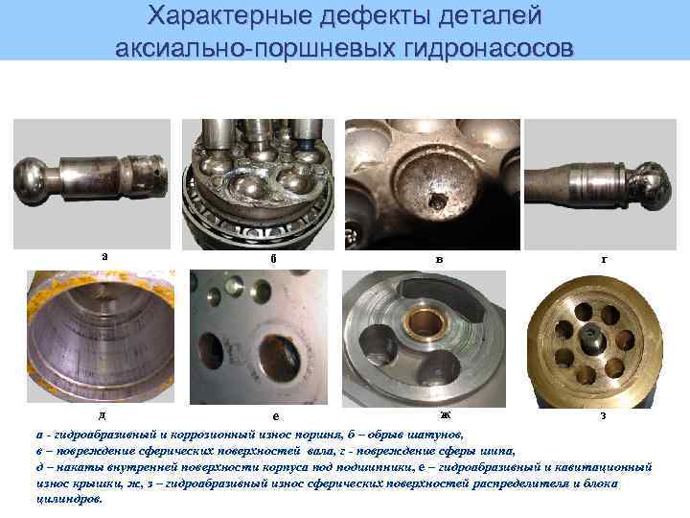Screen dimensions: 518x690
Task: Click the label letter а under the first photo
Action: [103, 255]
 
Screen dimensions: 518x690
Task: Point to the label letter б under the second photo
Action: [273, 258]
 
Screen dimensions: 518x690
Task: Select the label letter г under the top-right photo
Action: [603, 258]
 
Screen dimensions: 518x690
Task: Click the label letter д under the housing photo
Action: [102, 414]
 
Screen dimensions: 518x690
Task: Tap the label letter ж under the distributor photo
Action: [444, 414]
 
